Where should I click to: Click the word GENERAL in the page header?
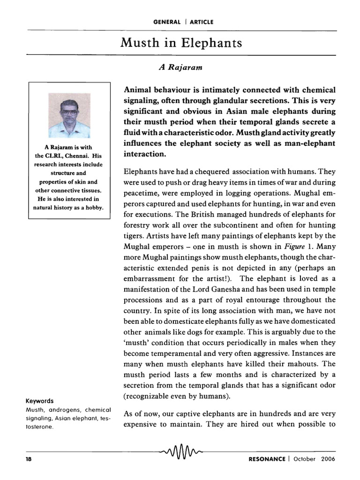pyautogui.click(x=166, y=22)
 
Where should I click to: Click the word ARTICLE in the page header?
pyautogui.click(x=202, y=22)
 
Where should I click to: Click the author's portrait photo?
pyautogui.click(x=69, y=115)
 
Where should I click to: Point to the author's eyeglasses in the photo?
pyautogui.click(x=69, y=112)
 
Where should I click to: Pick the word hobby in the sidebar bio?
pyautogui.click(x=94, y=207)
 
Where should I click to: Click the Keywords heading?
pyautogui.click(x=39, y=401)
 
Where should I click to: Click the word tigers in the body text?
pyautogui.click(x=134, y=236)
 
